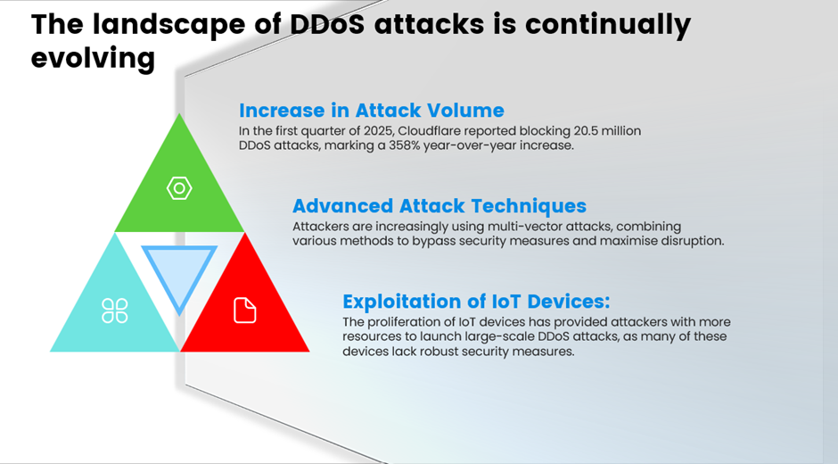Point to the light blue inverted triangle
coord(179,270)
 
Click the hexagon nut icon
coord(179,188)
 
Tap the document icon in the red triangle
coord(245,311)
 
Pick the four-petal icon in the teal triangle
coord(114,311)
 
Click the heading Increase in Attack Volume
coord(372,111)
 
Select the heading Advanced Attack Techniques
coord(440,206)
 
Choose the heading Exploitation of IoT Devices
coord(476,302)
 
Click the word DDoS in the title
coord(327,25)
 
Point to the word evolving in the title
coord(93,58)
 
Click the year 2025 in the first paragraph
coord(378,131)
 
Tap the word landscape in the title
coord(169,26)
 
